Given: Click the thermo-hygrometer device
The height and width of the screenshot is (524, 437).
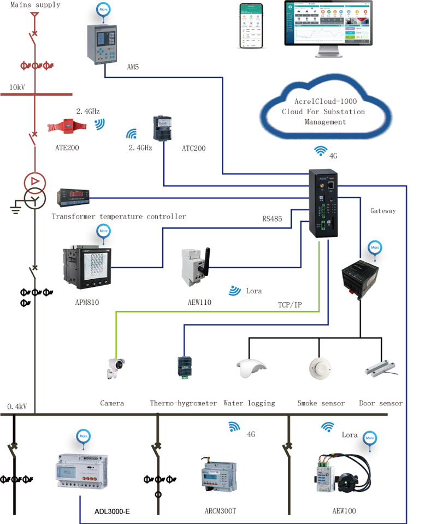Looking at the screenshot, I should [184, 367].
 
